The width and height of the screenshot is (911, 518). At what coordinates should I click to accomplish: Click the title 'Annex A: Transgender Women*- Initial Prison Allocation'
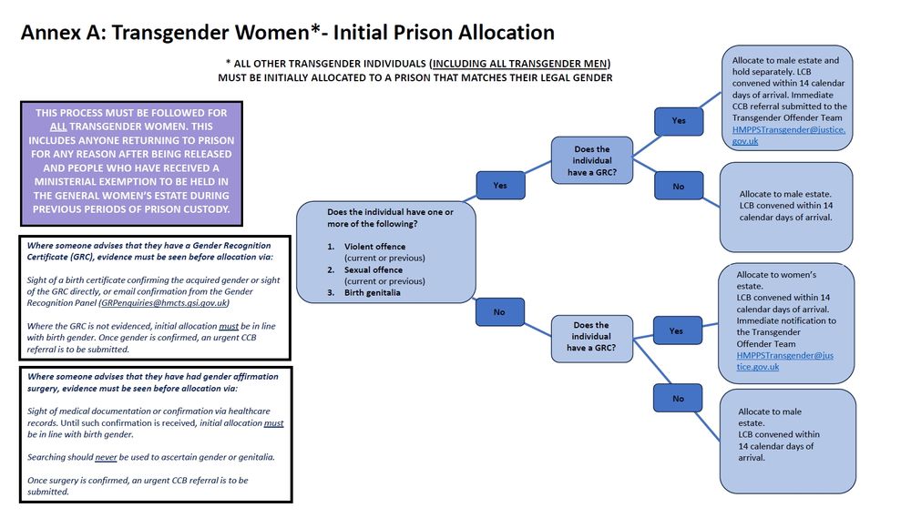(x=287, y=33)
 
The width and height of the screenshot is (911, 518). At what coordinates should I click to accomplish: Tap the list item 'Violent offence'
(x=374, y=247)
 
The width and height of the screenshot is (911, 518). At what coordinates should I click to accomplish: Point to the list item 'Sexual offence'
(x=374, y=270)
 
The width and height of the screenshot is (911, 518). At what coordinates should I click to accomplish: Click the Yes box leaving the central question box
(x=500, y=185)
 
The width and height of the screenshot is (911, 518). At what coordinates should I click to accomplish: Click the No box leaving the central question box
(x=499, y=312)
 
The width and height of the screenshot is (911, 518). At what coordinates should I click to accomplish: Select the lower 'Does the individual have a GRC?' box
(x=591, y=337)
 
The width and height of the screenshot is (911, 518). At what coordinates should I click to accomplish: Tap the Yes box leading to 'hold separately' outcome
(x=679, y=120)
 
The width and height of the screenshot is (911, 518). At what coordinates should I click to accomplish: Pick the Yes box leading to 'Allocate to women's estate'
(x=676, y=330)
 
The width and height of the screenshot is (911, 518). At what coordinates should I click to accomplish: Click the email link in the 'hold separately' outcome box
(x=789, y=136)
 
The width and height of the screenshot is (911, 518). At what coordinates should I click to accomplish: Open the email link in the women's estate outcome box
(x=784, y=361)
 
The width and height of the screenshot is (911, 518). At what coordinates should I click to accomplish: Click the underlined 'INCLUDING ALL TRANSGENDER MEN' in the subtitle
(x=519, y=63)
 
